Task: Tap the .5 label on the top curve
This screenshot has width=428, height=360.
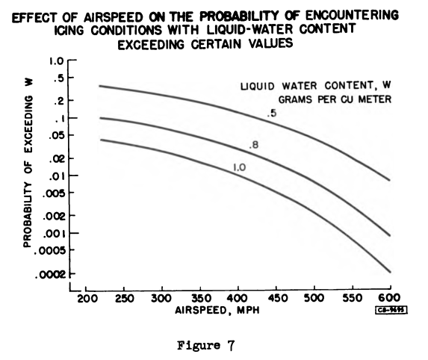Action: (x=273, y=114)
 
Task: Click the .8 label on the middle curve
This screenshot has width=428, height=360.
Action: (x=253, y=145)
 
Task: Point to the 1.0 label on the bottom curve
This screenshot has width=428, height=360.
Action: (x=240, y=168)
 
